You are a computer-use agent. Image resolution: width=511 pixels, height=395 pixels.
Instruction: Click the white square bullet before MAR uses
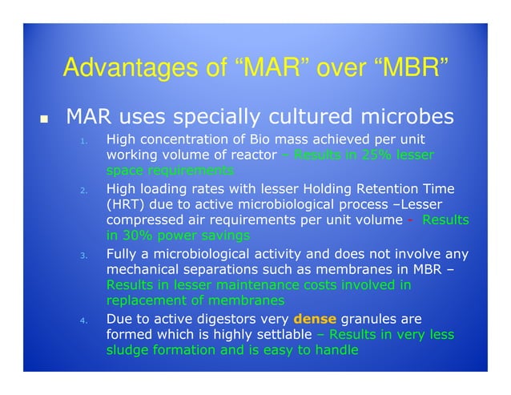pos(45,120)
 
